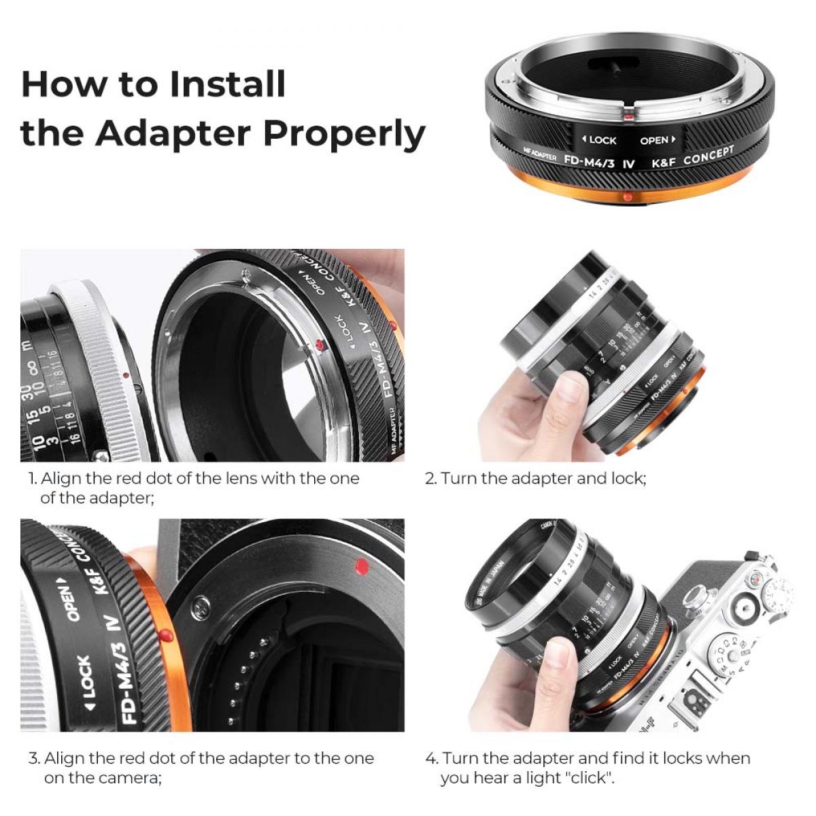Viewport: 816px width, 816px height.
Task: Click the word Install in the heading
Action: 228,84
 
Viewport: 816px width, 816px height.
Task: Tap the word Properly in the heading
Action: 344,133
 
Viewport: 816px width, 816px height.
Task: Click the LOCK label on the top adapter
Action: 599,140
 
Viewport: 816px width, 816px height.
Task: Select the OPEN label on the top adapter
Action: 657,140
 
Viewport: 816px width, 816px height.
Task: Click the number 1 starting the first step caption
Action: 31,479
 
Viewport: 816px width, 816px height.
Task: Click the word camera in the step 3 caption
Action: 131,778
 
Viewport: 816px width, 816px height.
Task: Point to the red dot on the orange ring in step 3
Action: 165,636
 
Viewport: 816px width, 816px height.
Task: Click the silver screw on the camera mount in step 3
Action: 201,605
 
